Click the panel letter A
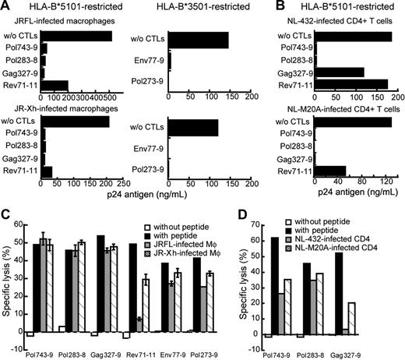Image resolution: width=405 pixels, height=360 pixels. click(x=6, y=7)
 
